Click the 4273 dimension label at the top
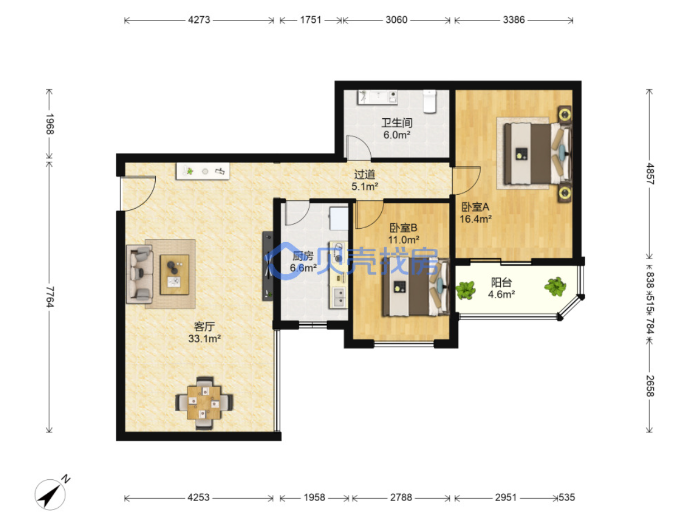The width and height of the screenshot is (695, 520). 199,20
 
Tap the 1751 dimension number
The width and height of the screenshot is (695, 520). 310,20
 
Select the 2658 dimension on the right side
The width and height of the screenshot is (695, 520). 649,386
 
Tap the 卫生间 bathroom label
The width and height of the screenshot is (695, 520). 397,123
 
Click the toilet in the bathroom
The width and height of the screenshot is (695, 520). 430,102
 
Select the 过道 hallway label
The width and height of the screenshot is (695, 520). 365,175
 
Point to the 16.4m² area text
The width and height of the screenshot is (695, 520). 476,219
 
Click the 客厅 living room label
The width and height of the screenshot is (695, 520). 204,326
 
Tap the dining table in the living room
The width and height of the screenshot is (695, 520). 204,402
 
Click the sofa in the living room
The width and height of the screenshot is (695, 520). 140,274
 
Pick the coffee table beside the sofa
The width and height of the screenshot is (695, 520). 175,275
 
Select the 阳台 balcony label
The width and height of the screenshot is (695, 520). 501,282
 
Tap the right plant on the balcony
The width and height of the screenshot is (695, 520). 555,286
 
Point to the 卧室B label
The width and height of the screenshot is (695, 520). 403,228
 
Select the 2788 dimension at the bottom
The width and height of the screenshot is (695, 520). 401,498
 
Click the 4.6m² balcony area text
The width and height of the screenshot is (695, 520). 501,295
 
